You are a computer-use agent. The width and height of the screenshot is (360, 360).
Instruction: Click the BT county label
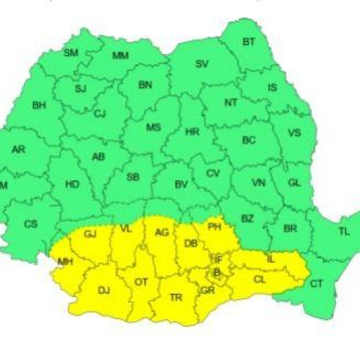(x=248, y=42)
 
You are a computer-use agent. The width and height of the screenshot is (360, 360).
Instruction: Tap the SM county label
(x=71, y=53)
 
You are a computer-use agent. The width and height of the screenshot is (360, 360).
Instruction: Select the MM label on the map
(x=120, y=56)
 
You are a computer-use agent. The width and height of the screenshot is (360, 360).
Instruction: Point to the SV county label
(x=202, y=64)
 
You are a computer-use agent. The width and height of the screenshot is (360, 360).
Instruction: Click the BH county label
(x=39, y=105)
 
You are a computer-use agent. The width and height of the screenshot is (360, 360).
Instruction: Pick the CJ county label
(x=100, y=113)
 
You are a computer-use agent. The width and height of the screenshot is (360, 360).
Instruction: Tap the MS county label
(x=153, y=127)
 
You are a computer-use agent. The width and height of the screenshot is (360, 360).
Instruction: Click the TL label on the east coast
(x=343, y=231)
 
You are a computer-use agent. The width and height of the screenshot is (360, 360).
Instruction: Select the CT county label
(x=316, y=284)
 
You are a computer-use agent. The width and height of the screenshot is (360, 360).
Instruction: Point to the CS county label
(x=31, y=224)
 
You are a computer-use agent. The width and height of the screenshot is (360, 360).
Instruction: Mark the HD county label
(x=72, y=184)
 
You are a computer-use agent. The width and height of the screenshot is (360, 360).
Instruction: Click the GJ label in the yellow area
(x=90, y=235)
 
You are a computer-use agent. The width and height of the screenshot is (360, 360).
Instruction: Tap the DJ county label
(x=104, y=290)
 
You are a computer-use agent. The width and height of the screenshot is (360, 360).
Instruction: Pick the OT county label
(x=141, y=282)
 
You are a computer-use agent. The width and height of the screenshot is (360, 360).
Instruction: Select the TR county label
(x=176, y=297)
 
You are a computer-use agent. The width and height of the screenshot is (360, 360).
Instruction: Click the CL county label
(x=259, y=279)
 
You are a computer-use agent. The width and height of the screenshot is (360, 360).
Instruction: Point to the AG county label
(x=161, y=232)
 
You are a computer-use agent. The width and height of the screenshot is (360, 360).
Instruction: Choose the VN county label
(x=258, y=184)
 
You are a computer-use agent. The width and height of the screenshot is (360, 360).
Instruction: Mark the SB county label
(x=132, y=177)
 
